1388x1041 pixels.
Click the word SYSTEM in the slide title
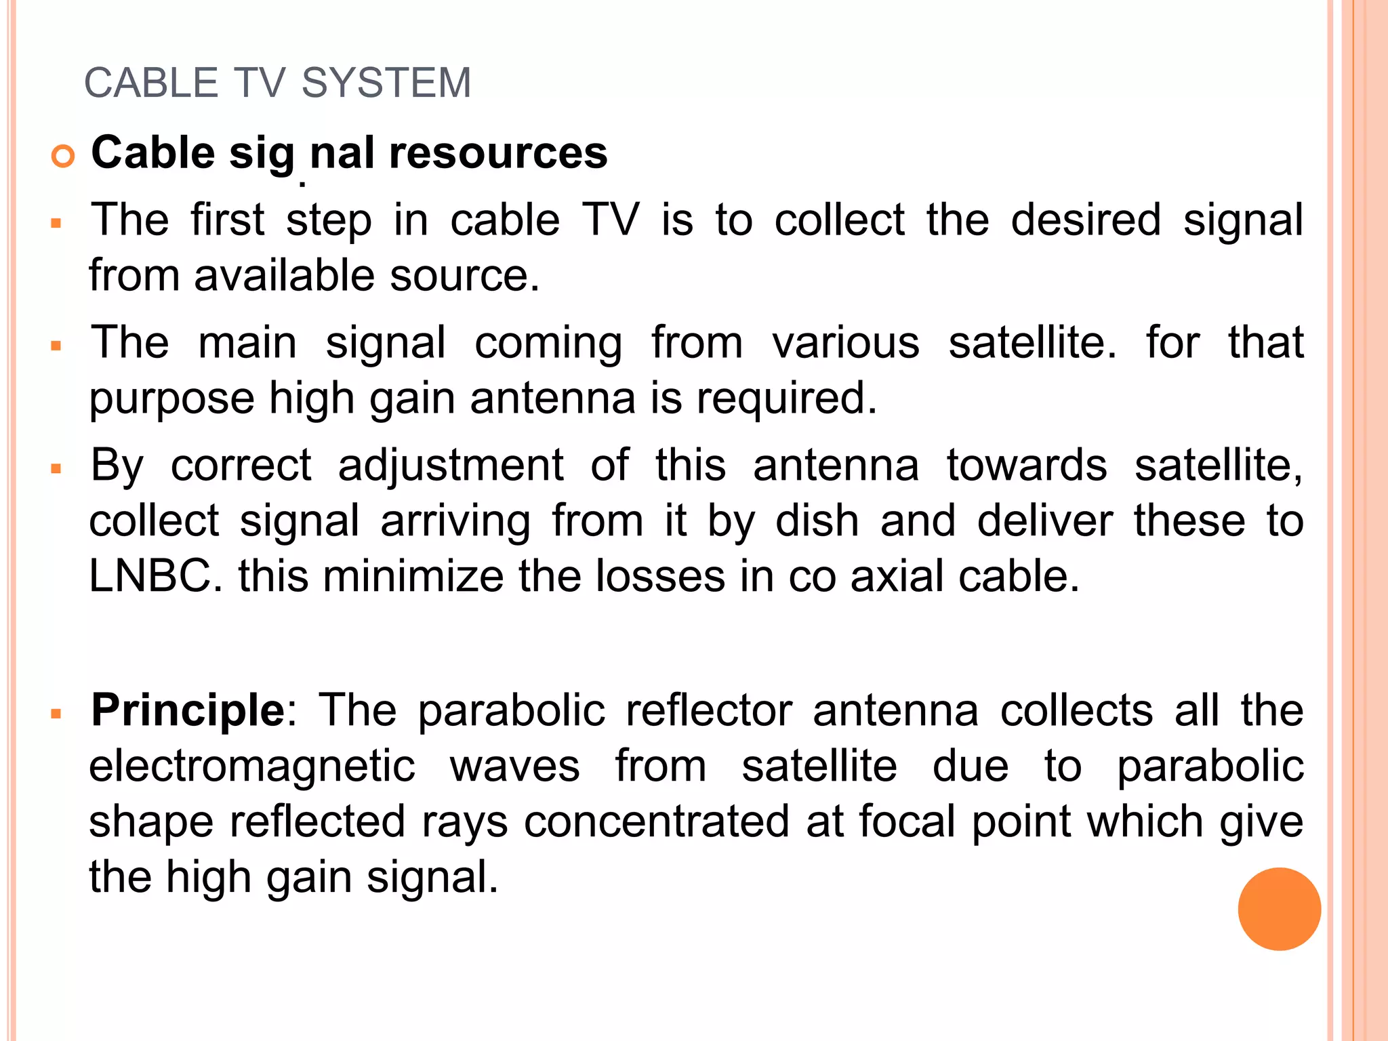coord(386,83)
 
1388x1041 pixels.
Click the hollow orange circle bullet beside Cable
coord(62,157)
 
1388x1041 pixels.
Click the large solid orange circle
coord(1279,909)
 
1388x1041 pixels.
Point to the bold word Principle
coord(188,710)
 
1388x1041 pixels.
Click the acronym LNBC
coord(151,576)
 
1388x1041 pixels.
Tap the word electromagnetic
coord(252,767)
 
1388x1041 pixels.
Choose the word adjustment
coord(451,466)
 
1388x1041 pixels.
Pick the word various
coord(846,342)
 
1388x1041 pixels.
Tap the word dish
coord(817,521)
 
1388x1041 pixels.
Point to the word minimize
coord(413,576)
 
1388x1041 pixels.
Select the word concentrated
coord(657,821)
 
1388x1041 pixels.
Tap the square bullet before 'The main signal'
coord(56,346)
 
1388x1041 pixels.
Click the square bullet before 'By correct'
coord(56,469)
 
